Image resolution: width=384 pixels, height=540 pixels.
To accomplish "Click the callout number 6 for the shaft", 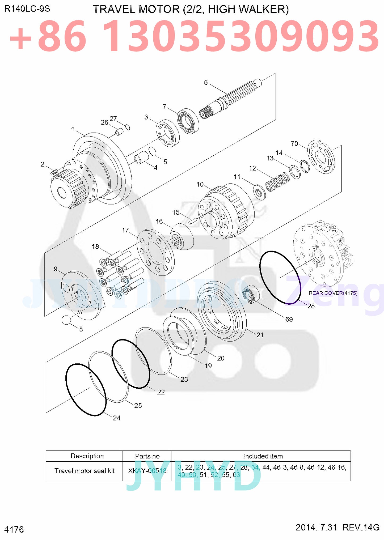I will click(x=206, y=82).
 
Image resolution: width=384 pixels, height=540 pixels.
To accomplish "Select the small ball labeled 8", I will click(x=66, y=320).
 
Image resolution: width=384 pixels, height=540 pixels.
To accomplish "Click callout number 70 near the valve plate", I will click(x=294, y=143).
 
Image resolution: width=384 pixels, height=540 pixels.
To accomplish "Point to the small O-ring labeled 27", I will click(x=128, y=127).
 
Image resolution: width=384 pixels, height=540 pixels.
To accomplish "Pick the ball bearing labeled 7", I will click(x=188, y=121).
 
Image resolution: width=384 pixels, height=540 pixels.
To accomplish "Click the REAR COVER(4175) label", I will click(x=333, y=293).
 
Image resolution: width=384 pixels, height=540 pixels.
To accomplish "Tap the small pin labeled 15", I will click(x=193, y=220).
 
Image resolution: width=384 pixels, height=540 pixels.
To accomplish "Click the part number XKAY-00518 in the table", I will click(x=147, y=471).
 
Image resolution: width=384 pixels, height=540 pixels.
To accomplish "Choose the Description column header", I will click(x=87, y=456).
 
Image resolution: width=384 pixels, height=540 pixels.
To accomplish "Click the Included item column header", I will click(x=263, y=456).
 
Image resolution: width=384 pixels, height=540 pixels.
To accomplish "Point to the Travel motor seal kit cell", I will click(x=85, y=471).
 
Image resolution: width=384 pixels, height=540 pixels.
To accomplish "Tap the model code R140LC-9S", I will click(x=27, y=9).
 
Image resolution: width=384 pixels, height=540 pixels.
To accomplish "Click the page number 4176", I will click(x=14, y=529).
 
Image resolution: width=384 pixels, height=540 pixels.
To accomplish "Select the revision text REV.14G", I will click(x=361, y=527).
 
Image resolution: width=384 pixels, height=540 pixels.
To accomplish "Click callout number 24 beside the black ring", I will click(x=116, y=418).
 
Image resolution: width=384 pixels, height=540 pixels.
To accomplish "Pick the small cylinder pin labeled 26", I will click(x=119, y=131).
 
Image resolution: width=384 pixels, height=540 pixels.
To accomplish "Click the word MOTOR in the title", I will click(x=159, y=9).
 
